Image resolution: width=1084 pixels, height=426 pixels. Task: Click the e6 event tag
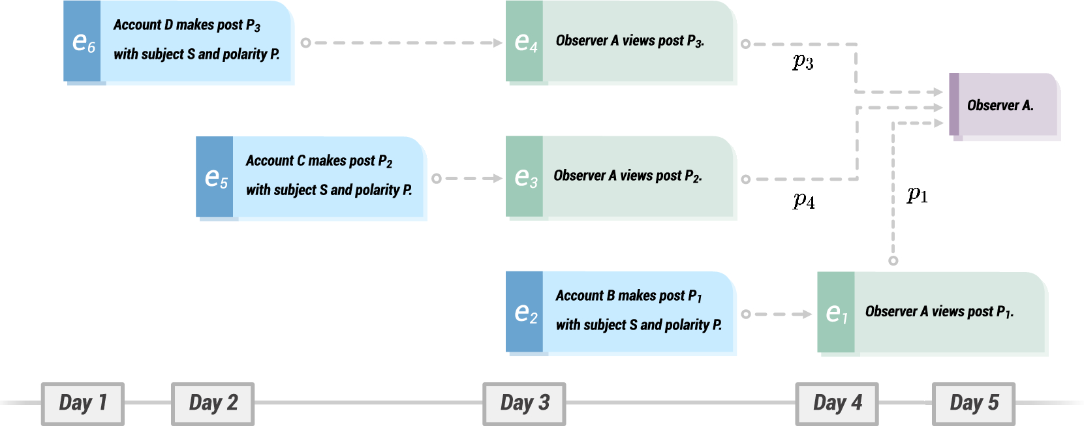[x=82, y=42]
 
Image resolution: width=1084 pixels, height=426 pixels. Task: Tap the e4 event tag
[x=525, y=42]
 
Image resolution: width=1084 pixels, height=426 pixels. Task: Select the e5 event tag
[x=215, y=177]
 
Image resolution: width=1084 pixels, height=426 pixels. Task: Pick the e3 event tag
[x=525, y=177]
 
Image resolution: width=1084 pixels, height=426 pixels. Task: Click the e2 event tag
[x=525, y=312]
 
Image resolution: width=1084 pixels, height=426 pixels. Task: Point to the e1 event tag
[x=836, y=313]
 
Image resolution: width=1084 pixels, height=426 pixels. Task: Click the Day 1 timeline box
[x=83, y=403]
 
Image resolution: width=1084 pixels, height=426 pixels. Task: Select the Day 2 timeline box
[x=213, y=403]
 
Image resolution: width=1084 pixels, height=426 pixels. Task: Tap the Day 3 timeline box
[x=524, y=403]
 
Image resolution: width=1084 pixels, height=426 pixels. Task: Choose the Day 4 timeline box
[x=837, y=403]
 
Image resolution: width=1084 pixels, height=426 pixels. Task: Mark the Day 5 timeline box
[x=974, y=403]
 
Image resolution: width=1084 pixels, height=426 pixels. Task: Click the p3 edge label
[x=803, y=62]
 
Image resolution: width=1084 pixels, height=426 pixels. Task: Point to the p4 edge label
[x=803, y=201]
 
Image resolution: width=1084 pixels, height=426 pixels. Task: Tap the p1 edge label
[x=917, y=194]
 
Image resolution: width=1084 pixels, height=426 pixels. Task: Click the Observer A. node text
[x=1000, y=106]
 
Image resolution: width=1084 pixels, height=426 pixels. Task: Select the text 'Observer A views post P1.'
[x=938, y=312]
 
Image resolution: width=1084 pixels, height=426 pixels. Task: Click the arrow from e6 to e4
[x=401, y=43]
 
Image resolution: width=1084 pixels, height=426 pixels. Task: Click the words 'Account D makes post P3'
[x=187, y=25]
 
